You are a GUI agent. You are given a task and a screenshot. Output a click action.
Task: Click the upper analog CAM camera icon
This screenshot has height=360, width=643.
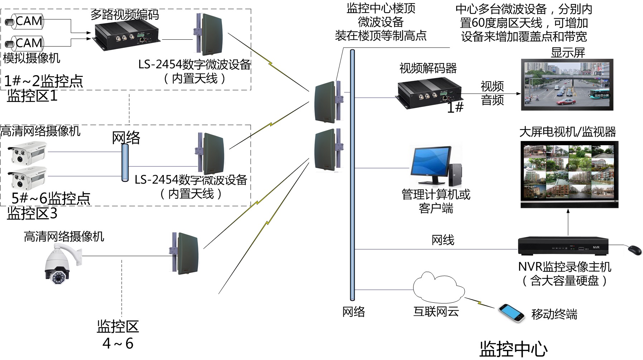[x=24, y=21]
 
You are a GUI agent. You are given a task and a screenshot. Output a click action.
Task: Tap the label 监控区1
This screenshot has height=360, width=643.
[x=32, y=96]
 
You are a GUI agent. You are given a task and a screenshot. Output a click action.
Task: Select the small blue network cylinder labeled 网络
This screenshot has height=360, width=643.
[x=125, y=163]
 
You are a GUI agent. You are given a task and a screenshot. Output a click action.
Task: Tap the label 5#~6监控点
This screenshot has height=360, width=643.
[x=51, y=198]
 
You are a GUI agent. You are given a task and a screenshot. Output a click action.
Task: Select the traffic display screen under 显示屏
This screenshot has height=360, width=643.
[x=567, y=85]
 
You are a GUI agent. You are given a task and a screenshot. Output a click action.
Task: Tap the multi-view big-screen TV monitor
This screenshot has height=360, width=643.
[x=569, y=174]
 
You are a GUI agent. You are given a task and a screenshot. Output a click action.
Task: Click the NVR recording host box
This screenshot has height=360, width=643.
[x=563, y=246]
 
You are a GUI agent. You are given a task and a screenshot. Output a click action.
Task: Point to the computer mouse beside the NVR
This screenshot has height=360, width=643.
[x=634, y=250]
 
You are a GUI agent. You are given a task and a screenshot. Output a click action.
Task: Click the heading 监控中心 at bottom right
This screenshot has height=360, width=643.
[x=513, y=349]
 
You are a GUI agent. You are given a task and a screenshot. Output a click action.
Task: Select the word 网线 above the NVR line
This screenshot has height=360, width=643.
[x=443, y=240]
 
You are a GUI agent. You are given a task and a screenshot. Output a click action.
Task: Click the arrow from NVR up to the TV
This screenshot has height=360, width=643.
[x=568, y=222]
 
